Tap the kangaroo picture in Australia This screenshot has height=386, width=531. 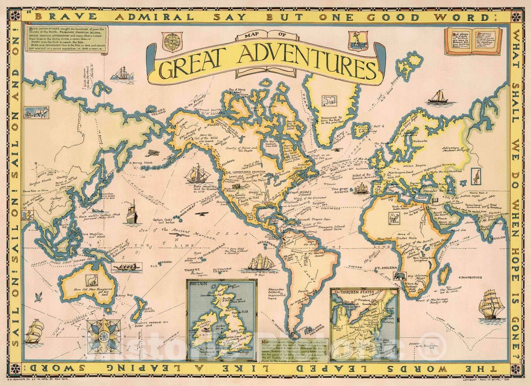click(92, 280)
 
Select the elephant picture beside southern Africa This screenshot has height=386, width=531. click(400, 276)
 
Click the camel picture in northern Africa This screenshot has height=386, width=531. click(393, 218)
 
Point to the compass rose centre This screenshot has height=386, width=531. click(103, 336)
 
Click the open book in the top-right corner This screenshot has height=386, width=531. click(473, 41)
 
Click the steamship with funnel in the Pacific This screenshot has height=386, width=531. click(132, 213)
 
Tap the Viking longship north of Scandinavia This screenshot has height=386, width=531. click(440, 97)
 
